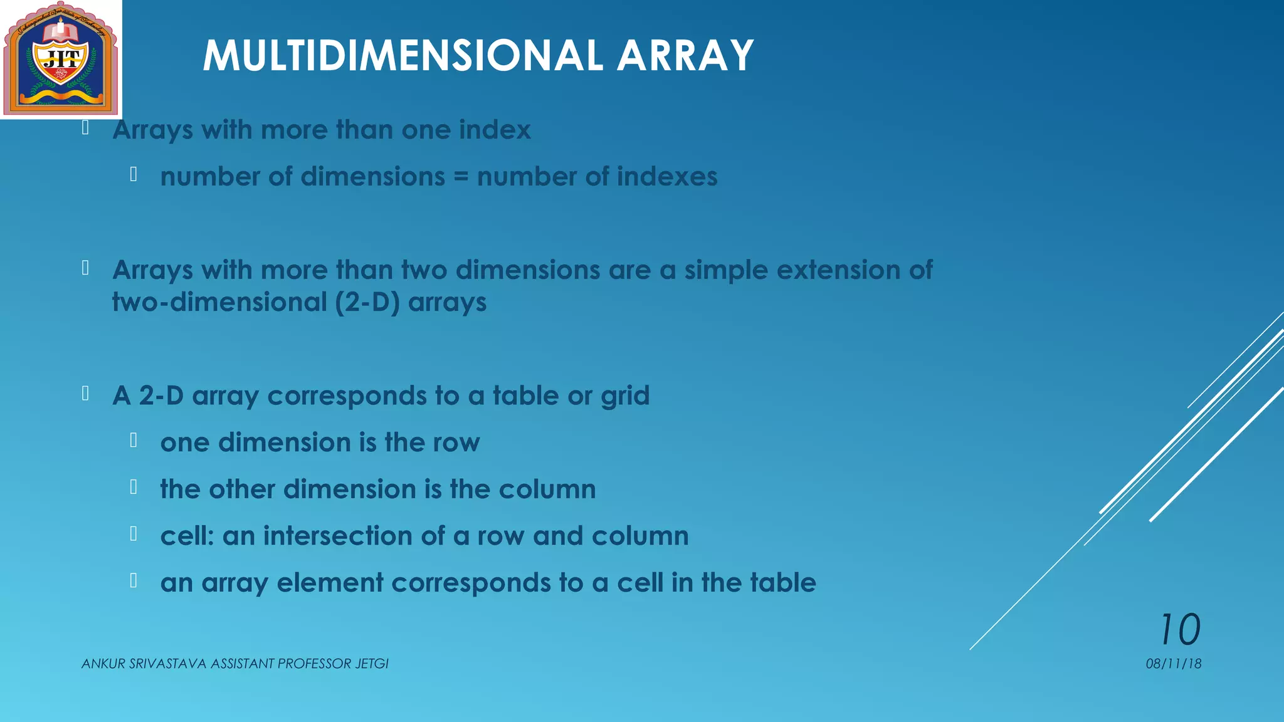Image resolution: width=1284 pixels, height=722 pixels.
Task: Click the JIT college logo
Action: tap(61, 59)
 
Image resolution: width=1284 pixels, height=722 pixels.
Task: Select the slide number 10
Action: tap(1180, 629)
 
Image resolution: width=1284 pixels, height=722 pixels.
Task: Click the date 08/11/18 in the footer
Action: tap(1173, 664)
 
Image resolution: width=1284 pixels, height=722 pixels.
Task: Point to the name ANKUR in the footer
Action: tap(103, 664)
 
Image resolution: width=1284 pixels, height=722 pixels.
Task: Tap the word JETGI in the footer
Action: tap(372, 664)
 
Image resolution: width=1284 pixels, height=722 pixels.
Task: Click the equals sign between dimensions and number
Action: tap(461, 177)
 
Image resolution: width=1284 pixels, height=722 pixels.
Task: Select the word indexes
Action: tap(667, 177)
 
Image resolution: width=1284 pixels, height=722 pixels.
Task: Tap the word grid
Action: tap(625, 397)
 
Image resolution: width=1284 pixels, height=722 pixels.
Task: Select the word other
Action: tap(242, 489)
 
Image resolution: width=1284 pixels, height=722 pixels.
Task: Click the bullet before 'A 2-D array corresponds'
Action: tap(85, 394)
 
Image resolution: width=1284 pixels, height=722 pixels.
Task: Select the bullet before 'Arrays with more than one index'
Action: tap(85, 128)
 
